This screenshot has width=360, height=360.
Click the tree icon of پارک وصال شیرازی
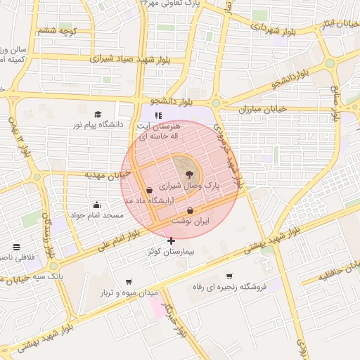[188, 174]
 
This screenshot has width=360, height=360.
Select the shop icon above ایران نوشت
[191, 210]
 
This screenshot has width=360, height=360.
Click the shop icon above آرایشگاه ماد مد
[148, 190]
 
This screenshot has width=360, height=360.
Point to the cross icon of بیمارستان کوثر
[172, 240]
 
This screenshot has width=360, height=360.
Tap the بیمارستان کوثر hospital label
[171, 251]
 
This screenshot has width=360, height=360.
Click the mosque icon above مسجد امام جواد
[96, 205]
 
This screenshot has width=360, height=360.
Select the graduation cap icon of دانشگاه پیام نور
[98, 114]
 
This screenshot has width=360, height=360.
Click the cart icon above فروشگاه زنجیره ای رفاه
[229, 276]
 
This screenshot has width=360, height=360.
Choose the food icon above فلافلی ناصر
[16, 247]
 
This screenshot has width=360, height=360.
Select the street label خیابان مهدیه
[103, 174]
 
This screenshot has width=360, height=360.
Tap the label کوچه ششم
[57, 31]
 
